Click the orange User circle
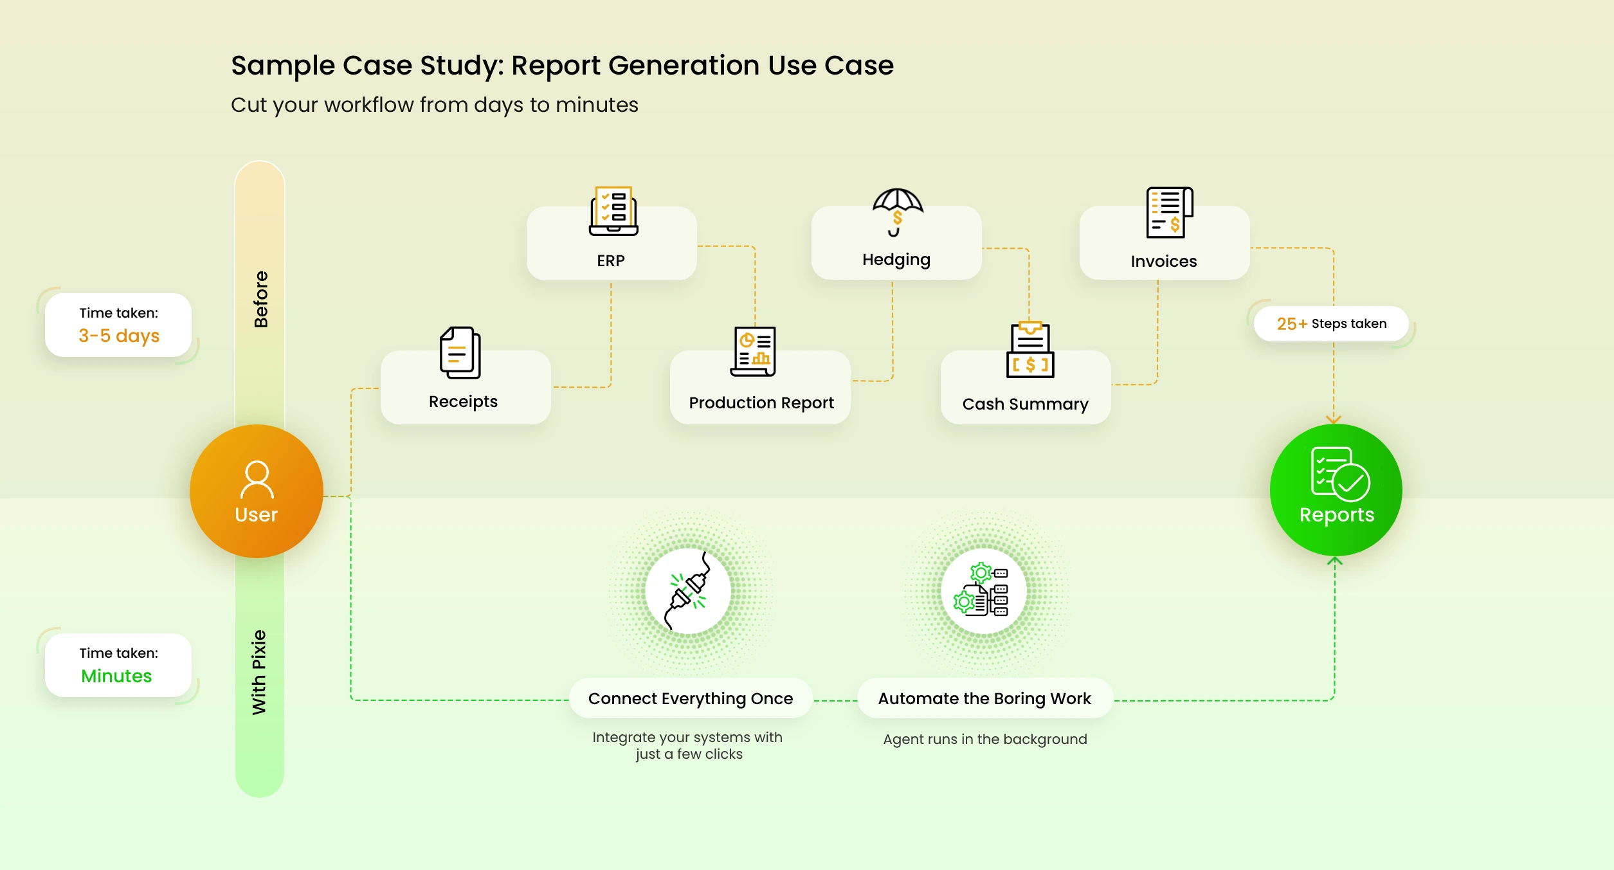point(256,491)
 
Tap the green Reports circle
point(1336,490)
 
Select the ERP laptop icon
point(613,211)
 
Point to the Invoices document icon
point(1169,212)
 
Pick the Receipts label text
point(463,401)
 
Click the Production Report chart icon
point(754,351)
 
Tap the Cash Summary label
point(1025,404)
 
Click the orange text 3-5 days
point(119,336)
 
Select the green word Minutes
point(116,676)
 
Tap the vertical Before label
point(260,299)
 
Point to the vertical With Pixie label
point(259,672)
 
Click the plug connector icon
point(688,590)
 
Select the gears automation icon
point(983,590)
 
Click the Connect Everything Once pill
point(691,698)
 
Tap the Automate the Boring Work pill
point(984,698)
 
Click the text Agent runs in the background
point(984,739)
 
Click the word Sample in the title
point(282,66)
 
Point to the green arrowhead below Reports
point(1335,561)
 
